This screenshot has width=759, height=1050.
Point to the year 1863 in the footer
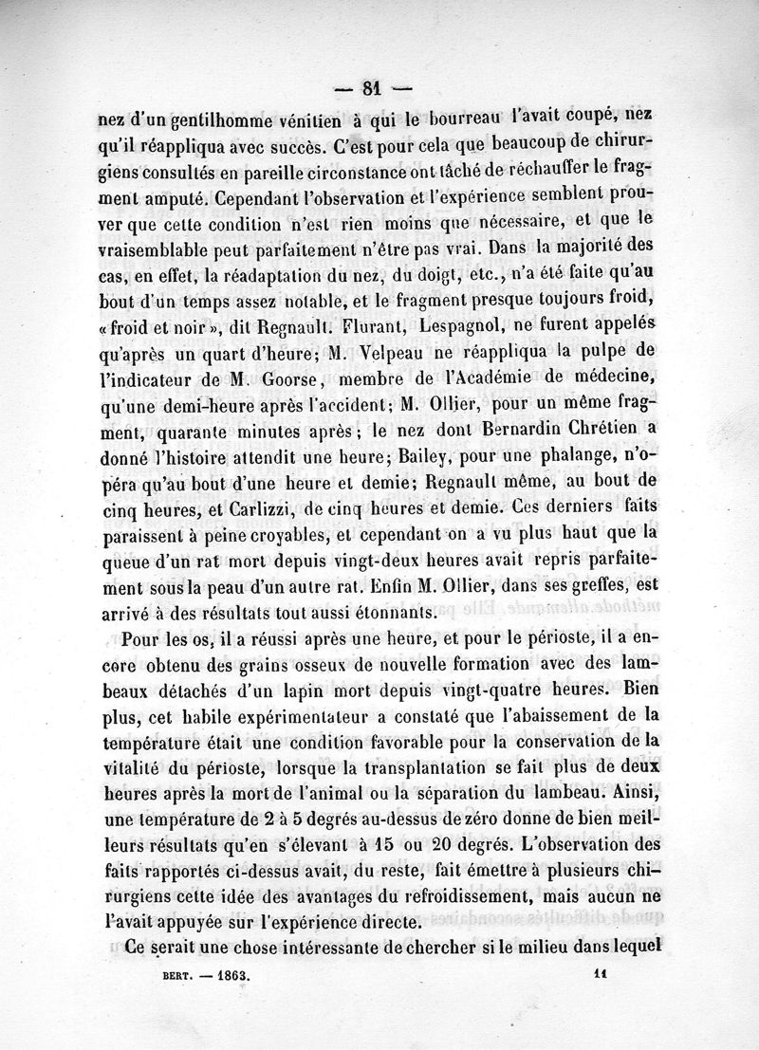coord(231,974)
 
